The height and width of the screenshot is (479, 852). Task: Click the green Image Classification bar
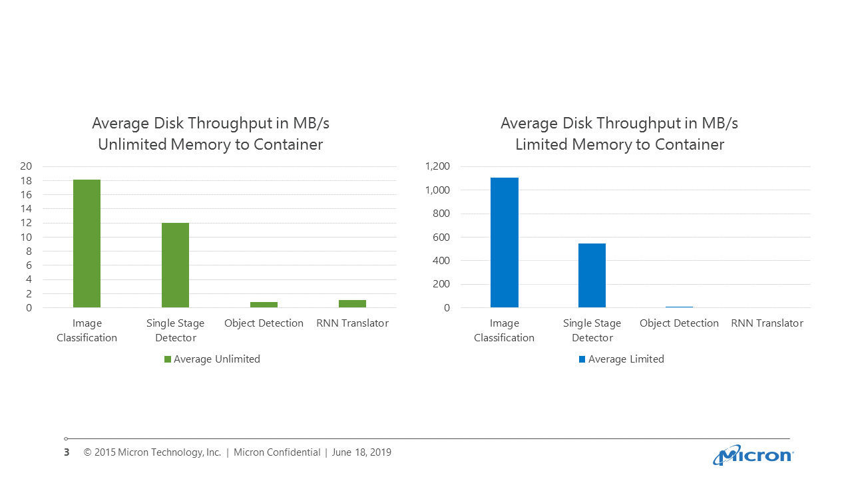[x=87, y=243]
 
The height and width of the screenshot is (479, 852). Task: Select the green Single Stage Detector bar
[x=175, y=265]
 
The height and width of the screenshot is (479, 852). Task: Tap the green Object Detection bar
[x=264, y=305]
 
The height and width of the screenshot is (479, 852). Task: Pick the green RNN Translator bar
[x=352, y=303]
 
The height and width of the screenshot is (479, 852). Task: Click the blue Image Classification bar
[x=504, y=242]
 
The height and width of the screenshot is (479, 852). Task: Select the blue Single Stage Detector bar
[x=592, y=275]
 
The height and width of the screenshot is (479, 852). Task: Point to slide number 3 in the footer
[x=67, y=452]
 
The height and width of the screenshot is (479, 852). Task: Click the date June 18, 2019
[x=361, y=452]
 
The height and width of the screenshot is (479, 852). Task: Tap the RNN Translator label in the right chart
[x=767, y=323]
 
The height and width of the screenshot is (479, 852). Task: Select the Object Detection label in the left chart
[x=264, y=323]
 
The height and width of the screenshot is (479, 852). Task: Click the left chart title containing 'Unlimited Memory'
[x=210, y=144]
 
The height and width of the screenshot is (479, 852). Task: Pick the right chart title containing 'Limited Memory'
[x=619, y=144]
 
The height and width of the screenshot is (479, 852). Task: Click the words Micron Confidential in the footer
[x=277, y=452]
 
